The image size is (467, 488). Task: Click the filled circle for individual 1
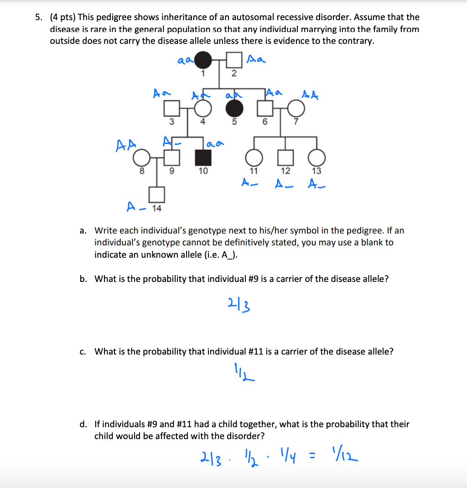(204, 60)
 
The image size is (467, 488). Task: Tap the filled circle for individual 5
(234, 109)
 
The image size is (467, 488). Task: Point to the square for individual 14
(157, 195)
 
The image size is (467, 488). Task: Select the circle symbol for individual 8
(141, 159)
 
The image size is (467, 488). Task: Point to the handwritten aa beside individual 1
(186, 59)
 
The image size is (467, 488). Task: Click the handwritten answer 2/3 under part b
(238, 302)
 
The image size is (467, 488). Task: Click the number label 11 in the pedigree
(254, 171)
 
